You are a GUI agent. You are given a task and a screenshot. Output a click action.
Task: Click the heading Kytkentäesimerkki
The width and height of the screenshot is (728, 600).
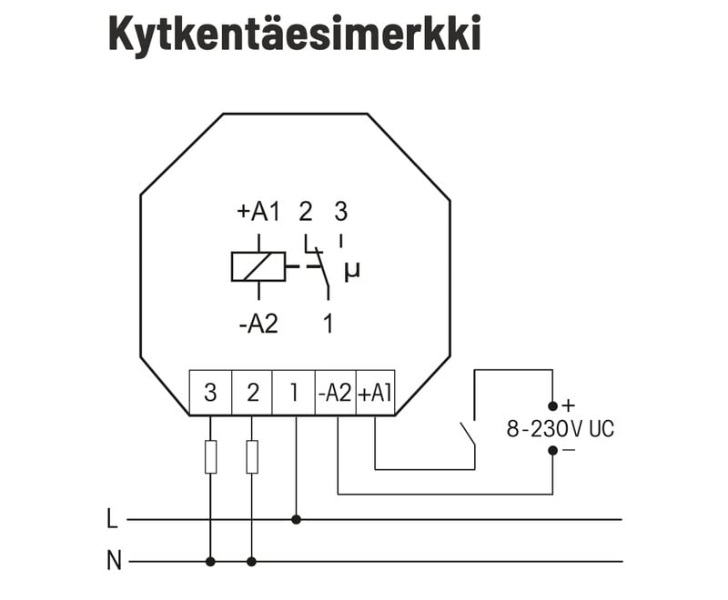tap(294, 34)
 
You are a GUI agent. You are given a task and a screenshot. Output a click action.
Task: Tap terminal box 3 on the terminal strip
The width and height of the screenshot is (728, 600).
tap(210, 393)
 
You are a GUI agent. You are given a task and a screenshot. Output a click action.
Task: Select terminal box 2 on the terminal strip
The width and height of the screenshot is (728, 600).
tap(252, 393)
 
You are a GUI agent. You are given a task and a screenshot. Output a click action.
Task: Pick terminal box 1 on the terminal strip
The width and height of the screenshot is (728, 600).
tap(294, 393)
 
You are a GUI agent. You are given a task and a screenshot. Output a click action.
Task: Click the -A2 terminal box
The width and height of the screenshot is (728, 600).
tap(335, 393)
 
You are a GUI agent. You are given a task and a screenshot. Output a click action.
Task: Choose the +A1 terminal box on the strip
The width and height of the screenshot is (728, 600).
tap(375, 393)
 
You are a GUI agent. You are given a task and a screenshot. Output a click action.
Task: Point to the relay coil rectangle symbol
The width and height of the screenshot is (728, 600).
tap(258, 267)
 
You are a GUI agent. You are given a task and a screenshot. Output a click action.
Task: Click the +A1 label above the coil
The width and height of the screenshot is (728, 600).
tap(258, 213)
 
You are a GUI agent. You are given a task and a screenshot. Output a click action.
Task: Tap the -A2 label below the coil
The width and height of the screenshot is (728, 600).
tap(258, 324)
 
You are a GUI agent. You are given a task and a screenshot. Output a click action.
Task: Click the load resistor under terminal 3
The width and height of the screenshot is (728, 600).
tap(210, 456)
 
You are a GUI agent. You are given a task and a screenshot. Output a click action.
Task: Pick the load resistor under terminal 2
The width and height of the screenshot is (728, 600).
tap(252, 456)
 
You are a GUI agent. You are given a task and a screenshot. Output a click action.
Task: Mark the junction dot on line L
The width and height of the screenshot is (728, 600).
tap(296, 520)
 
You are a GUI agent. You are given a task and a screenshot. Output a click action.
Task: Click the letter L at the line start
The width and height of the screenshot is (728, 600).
tap(112, 520)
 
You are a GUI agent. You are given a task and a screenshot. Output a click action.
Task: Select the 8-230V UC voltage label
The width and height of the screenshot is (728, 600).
tap(560, 428)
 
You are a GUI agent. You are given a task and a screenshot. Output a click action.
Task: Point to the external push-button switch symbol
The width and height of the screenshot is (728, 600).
tap(469, 435)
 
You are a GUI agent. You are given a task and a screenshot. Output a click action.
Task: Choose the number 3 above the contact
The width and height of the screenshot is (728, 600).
tap(340, 213)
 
